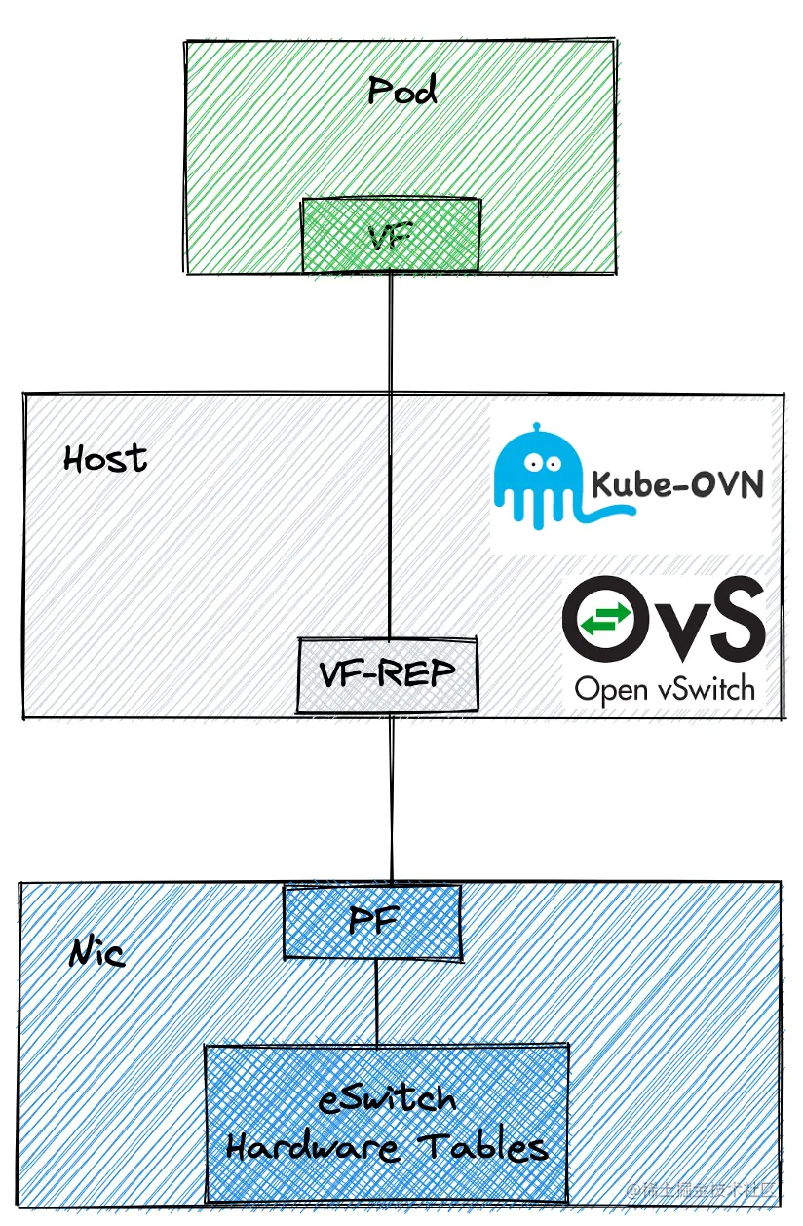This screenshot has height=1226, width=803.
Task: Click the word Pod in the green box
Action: (x=401, y=91)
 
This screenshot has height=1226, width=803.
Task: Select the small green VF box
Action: (x=390, y=234)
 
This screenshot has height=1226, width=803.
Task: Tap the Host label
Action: (x=105, y=458)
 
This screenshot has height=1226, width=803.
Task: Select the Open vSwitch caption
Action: (x=665, y=689)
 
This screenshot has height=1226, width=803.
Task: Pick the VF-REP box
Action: (x=388, y=674)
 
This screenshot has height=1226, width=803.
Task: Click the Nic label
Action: (x=97, y=952)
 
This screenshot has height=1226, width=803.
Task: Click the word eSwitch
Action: (x=387, y=1099)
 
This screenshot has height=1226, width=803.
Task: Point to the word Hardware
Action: (x=312, y=1147)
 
